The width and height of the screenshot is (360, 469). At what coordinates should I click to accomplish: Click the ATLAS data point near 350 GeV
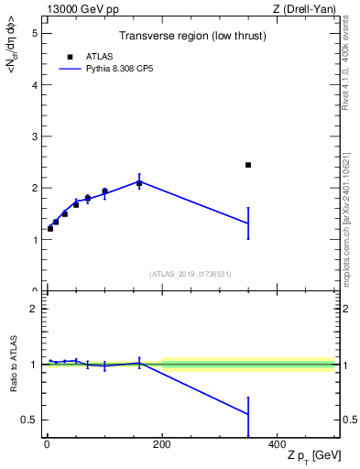248,165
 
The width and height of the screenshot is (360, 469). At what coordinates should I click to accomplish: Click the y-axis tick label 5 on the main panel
34,33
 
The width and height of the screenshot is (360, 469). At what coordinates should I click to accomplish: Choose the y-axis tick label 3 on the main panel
34,136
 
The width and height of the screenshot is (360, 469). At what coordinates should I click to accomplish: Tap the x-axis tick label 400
277,443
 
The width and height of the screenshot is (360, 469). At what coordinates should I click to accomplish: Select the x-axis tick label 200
162,443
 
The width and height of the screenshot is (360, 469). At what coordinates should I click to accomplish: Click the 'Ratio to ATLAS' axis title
13,365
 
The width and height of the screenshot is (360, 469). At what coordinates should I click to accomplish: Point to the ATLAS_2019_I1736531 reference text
191,273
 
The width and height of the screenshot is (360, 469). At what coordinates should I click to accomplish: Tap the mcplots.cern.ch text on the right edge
352,229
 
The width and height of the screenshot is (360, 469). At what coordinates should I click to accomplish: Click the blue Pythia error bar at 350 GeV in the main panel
248,224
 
